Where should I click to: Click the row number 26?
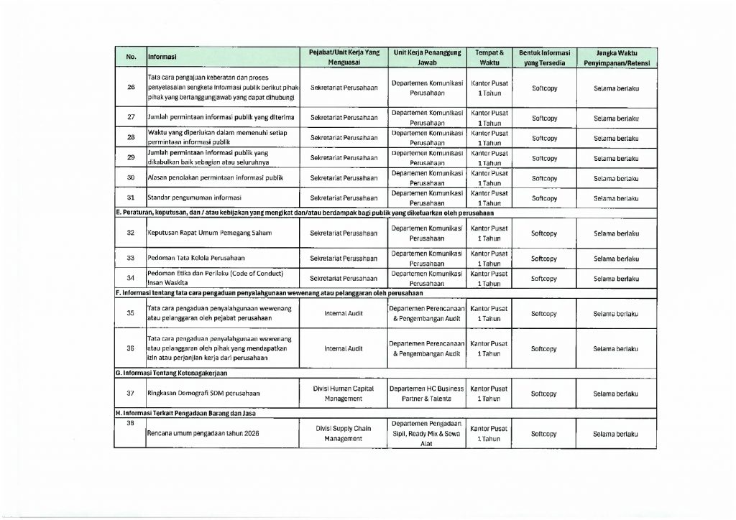[x=131, y=88]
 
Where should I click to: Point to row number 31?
[x=131, y=198]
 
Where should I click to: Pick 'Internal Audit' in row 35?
[x=344, y=313]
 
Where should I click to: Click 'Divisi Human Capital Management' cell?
[x=344, y=393]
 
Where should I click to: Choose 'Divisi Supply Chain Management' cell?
[x=344, y=434]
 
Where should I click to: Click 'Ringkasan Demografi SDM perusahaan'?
[x=203, y=394]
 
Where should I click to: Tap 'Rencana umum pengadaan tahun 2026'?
[x=203, y=435]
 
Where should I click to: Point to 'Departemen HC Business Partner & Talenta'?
[x=426, y=393]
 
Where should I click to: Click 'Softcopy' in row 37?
[x=543, y=394]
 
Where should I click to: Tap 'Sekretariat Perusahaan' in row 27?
[x=344, y=117]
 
